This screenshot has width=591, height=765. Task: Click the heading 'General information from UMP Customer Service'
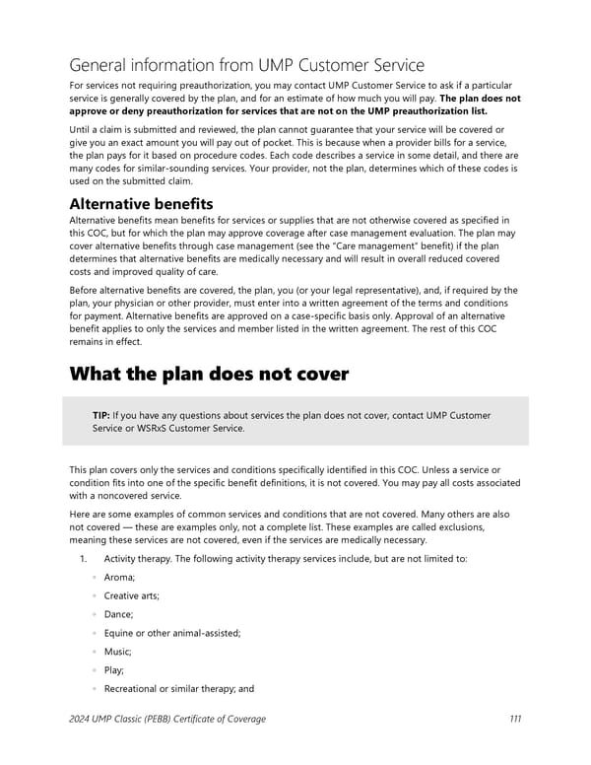click(246, 65)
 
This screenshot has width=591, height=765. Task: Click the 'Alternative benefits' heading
click(141, 203)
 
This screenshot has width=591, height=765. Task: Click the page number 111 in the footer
click(515, 719)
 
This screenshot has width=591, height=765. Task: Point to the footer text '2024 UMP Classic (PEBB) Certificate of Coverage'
click(167, 719)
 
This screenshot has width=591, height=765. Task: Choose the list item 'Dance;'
click(120, 614)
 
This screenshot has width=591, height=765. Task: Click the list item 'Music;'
click(120, 652)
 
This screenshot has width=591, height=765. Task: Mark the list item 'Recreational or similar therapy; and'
click(179, 689)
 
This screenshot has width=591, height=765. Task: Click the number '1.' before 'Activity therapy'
click(84, 558)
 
